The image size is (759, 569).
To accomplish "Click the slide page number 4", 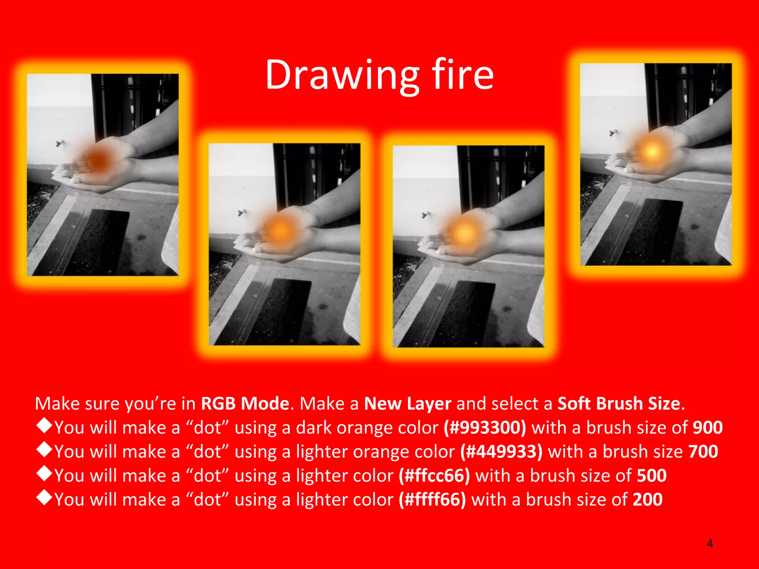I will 710,544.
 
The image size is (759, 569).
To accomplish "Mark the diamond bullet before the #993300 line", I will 44,426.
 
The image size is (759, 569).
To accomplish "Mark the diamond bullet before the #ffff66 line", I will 44,498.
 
